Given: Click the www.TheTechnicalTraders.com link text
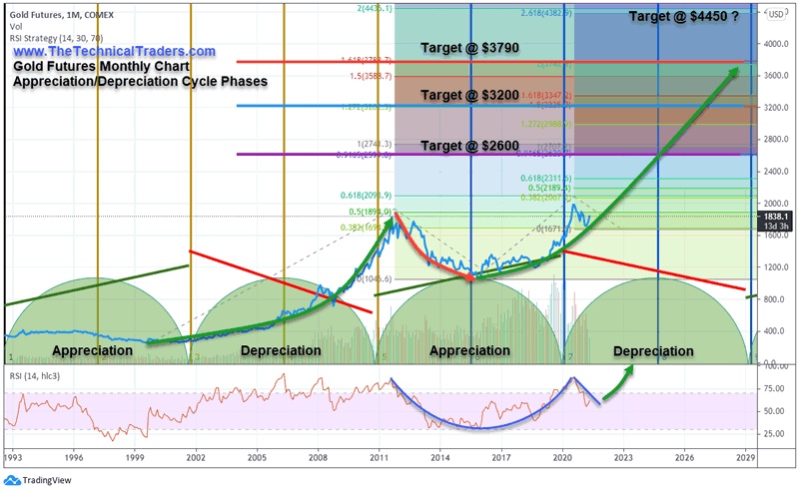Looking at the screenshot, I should (x=115, y=51).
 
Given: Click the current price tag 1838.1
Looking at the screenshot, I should (x=776, y=215).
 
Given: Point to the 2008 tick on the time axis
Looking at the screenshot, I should (x=318, y=457).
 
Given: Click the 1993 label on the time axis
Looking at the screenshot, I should (x=12, y=457).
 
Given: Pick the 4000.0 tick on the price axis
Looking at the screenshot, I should (x=777, y=43).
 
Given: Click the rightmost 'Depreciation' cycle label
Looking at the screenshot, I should (x=653, y=351).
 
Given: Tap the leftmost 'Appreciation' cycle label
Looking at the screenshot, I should (x=92, y=351).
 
